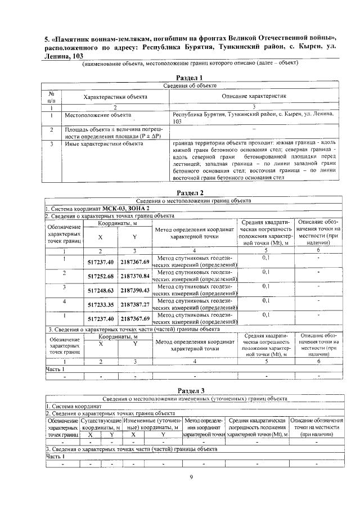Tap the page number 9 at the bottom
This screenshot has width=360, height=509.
point(191,478)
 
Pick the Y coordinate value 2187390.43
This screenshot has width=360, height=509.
point(135,290)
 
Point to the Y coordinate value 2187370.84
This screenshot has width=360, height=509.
point(135,276)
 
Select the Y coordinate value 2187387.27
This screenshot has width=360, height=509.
point(135,304)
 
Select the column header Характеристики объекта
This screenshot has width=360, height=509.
point(115,97)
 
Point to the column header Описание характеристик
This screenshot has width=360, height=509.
point(254,97)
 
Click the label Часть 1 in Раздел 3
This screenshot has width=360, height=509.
point(55,456)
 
